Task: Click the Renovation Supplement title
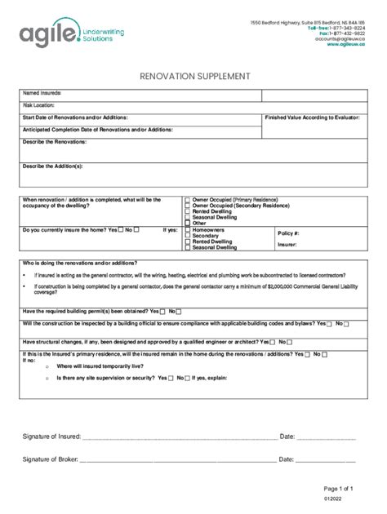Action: (193, 76)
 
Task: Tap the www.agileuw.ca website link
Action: (345, 45)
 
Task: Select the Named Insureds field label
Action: (42, 93)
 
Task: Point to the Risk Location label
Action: (39, 105)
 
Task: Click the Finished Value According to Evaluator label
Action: (312, 117)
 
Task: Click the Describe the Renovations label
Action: (55, 142)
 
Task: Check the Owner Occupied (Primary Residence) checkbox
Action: (188, 200)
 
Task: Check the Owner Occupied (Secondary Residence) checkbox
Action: (188, 206)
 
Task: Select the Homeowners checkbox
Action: (188, 230)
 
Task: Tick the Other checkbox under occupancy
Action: (188, 223)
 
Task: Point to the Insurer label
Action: (287, 244)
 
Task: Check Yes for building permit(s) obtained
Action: (162, 312)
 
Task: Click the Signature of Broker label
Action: (50, 459)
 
